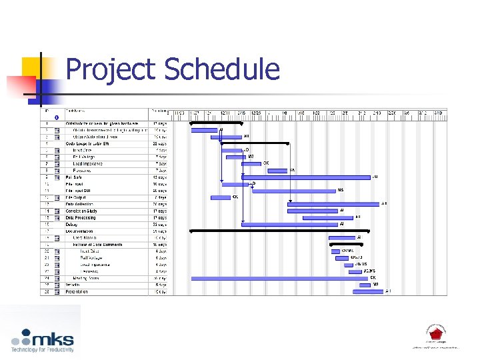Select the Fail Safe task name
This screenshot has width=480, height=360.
(74, 177)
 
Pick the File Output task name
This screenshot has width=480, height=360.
(76, 197)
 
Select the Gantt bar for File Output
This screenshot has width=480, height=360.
(221, 197)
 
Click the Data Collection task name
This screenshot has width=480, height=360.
(79, 204)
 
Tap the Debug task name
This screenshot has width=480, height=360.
(72, 224)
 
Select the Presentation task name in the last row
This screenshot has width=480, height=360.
(77, 291)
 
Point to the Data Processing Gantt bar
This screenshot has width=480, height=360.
(327, 217)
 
